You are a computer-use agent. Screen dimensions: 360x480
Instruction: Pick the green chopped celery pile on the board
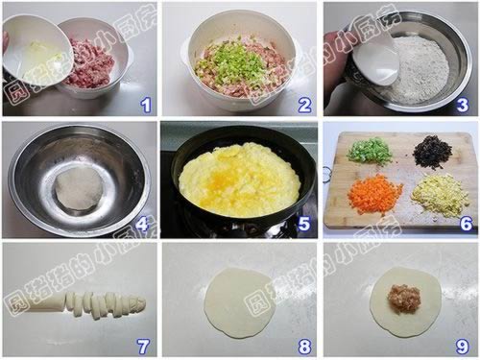370,151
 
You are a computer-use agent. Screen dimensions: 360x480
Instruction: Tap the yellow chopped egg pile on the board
441,195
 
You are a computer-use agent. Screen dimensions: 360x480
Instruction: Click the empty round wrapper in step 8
239,300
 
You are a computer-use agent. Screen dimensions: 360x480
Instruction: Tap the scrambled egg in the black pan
240,180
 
